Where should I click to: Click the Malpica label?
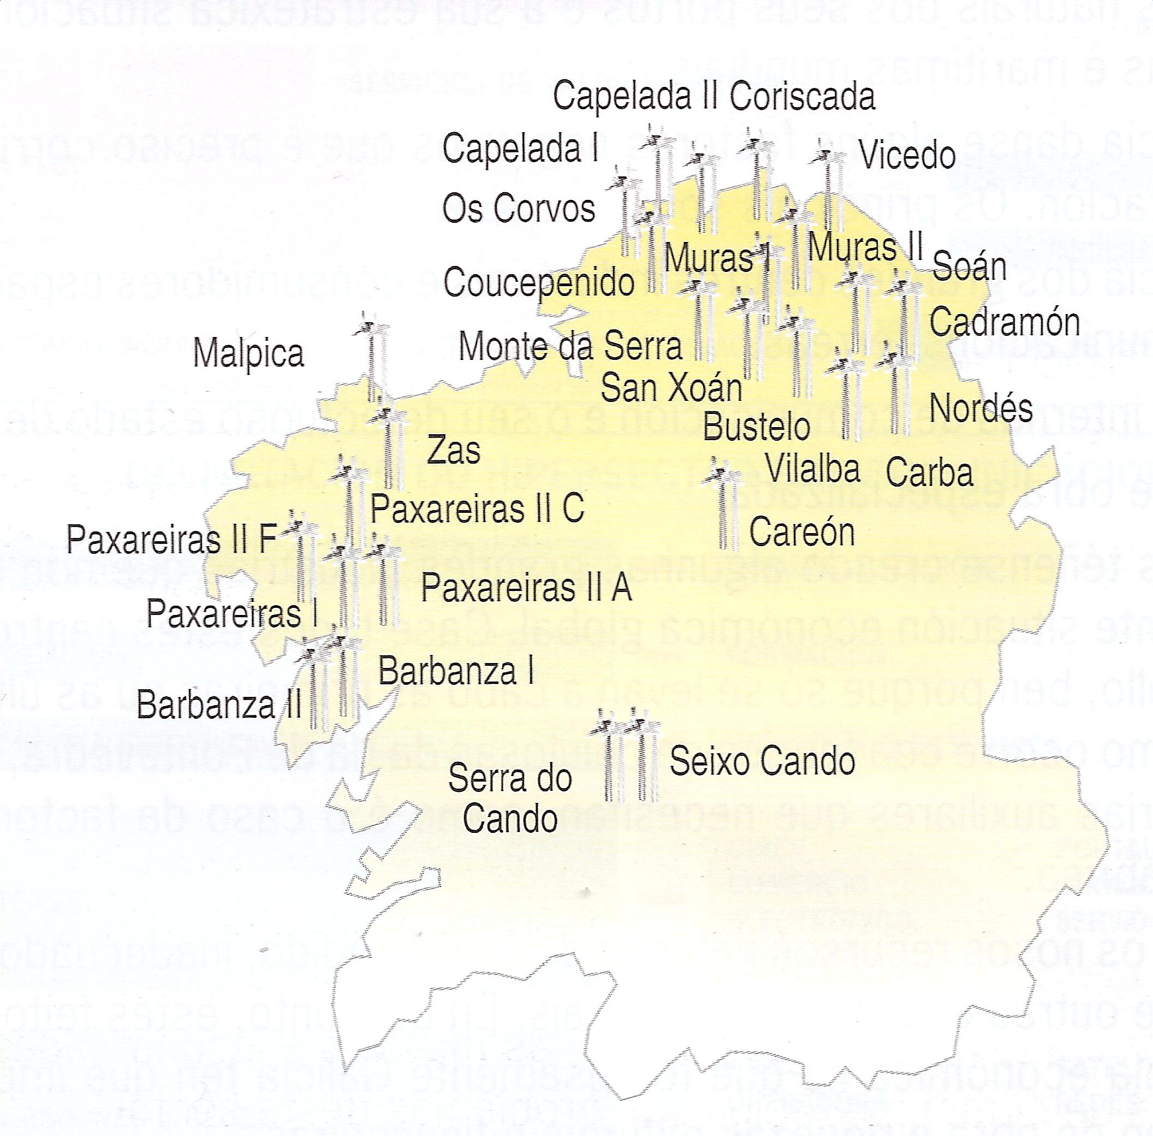(x=249, y=354)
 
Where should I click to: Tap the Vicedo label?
(x=907, y=155)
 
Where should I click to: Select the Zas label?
(x=453, y=451)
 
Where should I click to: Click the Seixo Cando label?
(x=762, y=762)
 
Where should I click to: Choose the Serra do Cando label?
(x=510, y=798)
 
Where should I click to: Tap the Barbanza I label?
(x=456, y=671)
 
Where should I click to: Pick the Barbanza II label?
(x=219, y=705)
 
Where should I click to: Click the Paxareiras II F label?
(x=172, y=540)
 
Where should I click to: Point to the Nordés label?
(x=980, y=409)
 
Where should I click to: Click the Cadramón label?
(x=1005, y=322)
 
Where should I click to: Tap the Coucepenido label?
(x=539, y=282)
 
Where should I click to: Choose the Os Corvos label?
(x=518, y=209)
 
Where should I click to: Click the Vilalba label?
(x=812, y=469)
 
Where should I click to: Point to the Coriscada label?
(x=803, y=97)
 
